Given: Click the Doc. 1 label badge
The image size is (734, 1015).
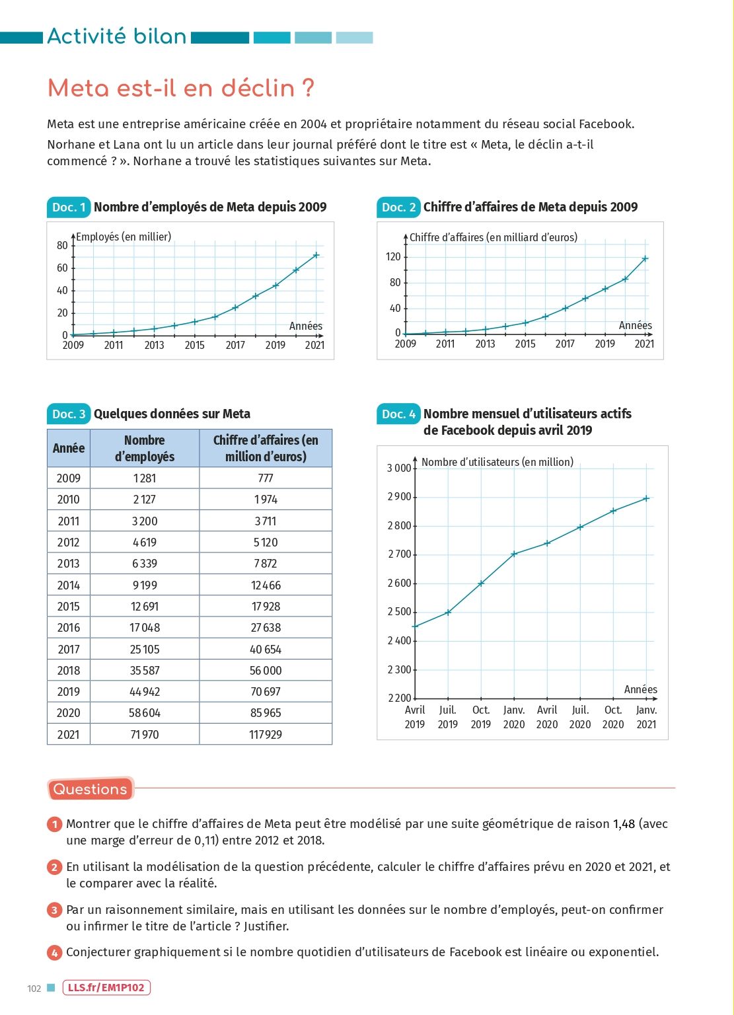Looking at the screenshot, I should pyautogui.click(x=68, y=207).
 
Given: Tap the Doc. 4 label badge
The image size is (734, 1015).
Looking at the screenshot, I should pyautogui.click(x=399, y=414).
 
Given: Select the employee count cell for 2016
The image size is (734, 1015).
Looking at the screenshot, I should pyautogui.click(x=145, y=628).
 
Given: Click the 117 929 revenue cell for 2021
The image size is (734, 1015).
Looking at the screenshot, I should pyautogui.click(x=266, y=734).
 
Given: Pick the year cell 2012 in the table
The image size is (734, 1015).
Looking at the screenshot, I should pyautogui.click(x=69, y=543).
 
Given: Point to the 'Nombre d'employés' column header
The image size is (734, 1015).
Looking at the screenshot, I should pyautogui.click(x=145, y=448).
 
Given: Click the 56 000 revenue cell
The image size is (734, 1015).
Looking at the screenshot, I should pyautogui.click(x=266, y=670).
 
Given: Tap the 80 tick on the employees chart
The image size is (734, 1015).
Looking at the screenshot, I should pyautogui.click(x=62, y=246).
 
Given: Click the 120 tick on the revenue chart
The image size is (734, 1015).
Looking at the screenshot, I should pyautogui.click(x=393, y=257).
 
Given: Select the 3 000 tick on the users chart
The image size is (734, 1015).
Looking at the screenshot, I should pyautogui.click(x=399, y=469).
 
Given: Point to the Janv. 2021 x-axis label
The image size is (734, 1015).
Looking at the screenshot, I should pyautogui.click(x=646, y=717).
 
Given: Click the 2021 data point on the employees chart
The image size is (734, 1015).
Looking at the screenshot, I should pyautogui.click(x=316, y=255).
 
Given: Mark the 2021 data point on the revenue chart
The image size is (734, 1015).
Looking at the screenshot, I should pyautogui.click(x=645, y=258).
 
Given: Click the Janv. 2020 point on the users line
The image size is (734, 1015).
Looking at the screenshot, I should pyautogui.click(x=514, y=554).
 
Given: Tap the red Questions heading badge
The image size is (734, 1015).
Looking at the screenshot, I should pyautogui.click(x=91, y=789).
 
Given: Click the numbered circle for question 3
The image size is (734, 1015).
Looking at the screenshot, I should pyautogui.click(x=54, y=911).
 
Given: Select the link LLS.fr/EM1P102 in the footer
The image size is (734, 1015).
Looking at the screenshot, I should pyautogui.click(x=107, y=988).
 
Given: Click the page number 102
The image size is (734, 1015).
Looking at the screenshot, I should pyautogui.click(x=34, y=989).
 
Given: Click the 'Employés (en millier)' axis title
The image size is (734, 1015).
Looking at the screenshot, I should pyautogui.click(x=124, y=237).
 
